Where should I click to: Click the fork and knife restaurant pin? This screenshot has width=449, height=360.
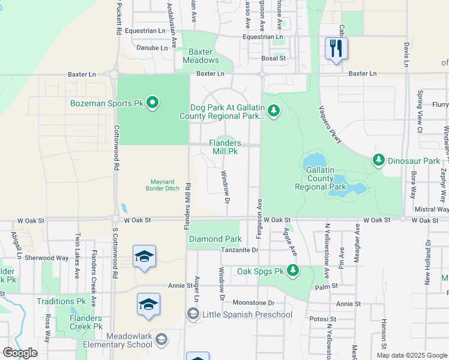(x=336, y=48)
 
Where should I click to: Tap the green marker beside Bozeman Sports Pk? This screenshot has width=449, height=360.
(x=152, y=103)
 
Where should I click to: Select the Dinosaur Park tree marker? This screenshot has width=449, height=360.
(x=378, y=160)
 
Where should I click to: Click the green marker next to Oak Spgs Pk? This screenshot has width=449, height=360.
(x=293, y=271)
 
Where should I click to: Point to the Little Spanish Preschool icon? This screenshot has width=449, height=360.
(x=193, y=314)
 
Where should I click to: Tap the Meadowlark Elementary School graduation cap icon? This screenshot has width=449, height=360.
(x=161, y=340)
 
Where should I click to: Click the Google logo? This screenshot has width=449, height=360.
(x=20, y=353)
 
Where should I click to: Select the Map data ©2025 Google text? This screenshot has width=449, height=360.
(x=412, y=355)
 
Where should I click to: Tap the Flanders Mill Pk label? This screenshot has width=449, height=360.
(x=225, y=147)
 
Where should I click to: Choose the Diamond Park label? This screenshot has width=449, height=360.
(x=215, y=239)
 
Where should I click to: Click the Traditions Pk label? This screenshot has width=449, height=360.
(x=61, y=301)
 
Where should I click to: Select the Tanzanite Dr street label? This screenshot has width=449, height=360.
(x=238, y=250)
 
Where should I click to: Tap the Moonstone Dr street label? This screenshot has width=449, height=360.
(x=253, y=303)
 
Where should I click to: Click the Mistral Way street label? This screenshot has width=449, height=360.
(x=432, y=209)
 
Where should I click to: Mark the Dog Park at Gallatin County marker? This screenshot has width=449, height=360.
(x=273, y=110)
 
